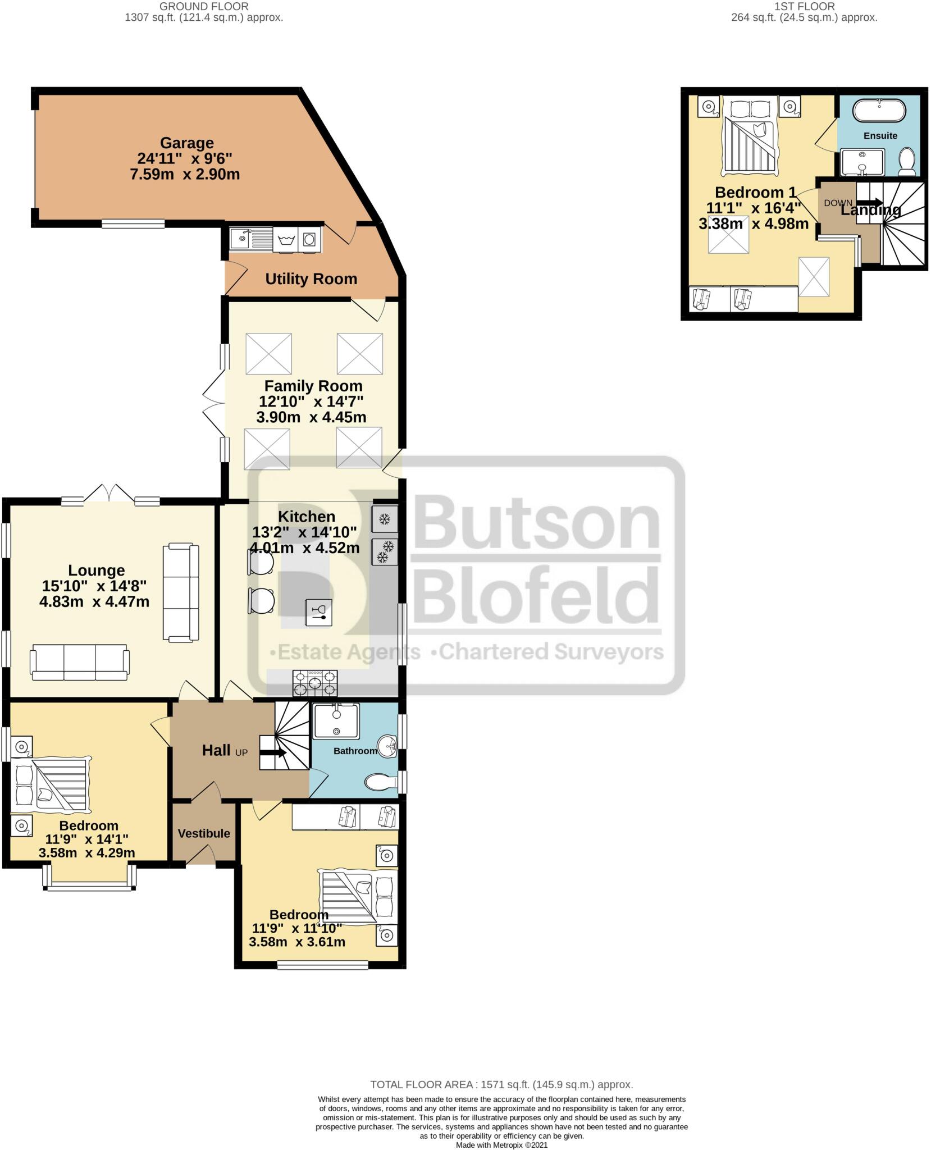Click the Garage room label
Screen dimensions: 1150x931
[186, 143]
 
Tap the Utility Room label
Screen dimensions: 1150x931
[311, 279]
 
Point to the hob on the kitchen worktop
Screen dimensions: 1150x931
[315, 683]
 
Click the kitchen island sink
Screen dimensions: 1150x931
[318, 613]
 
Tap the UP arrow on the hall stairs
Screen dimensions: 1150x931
[274, 754]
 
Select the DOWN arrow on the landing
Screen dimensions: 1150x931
[868, 203]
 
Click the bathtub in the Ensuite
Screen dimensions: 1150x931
[879, 111]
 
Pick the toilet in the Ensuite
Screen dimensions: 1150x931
[907, 162]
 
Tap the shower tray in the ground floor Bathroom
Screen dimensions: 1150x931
[336, 722]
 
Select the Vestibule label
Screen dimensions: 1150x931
[204, 833]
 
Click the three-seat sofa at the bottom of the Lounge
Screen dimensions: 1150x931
[80, 662]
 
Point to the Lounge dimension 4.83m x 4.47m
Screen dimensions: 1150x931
[94, 602]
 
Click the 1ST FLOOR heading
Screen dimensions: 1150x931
[804, 6]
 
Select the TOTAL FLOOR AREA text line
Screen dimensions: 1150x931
[501, 1085]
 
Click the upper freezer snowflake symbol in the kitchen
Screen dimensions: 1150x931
[385, 519]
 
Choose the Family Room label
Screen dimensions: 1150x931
[313, 386]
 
